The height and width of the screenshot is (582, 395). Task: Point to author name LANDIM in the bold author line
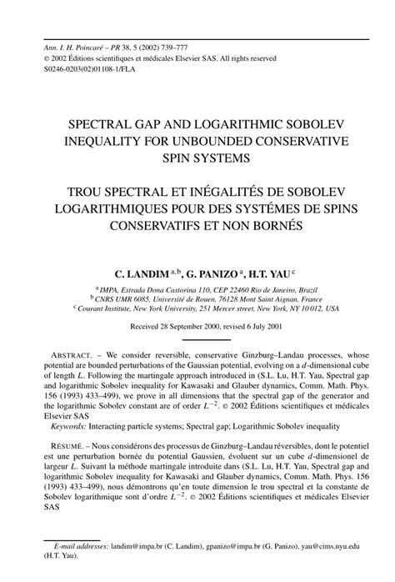[x=146, y=272]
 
